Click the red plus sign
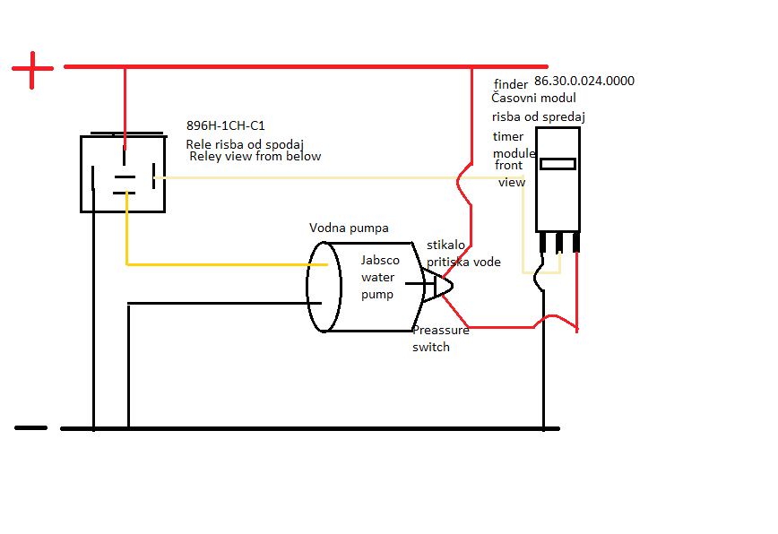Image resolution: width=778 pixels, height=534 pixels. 33,70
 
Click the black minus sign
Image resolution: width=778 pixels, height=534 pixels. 31,428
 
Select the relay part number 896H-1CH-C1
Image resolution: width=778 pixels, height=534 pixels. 225,125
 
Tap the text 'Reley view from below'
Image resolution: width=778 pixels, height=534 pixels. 255,156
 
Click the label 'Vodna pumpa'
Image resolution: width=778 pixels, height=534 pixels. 349,228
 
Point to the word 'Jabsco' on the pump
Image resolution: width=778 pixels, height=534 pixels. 380,260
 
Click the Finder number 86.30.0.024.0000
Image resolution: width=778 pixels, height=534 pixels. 583,81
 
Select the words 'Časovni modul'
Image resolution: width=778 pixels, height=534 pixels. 534,98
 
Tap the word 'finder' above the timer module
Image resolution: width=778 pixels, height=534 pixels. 511,84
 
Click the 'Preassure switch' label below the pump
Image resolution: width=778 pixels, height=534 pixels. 440,338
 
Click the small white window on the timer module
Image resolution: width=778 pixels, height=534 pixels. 558,164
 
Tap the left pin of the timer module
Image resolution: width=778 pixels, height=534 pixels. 543,243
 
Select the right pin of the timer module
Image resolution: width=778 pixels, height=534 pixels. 575,243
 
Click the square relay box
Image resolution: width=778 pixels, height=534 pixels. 122,174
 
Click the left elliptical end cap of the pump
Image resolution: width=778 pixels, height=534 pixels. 324,287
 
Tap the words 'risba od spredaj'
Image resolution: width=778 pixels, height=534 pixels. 539,116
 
